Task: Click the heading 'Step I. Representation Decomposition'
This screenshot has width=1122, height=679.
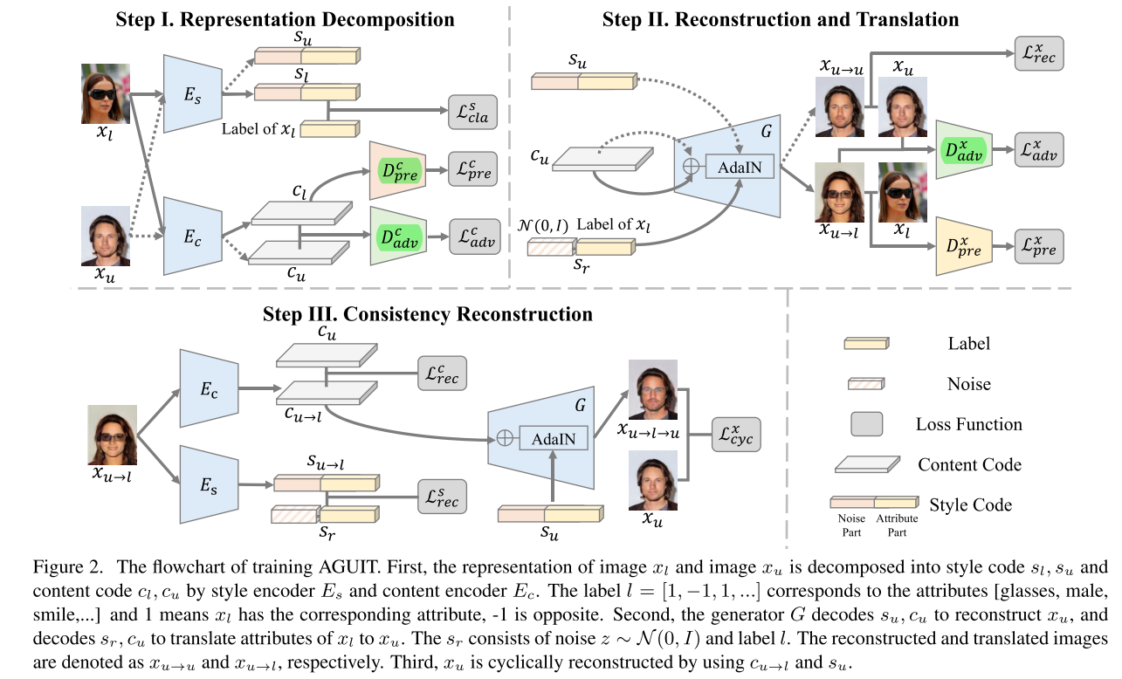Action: pos(286,19)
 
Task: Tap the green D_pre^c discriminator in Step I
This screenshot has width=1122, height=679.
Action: pos(397,172)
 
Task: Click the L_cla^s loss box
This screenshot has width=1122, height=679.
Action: pos(472,113)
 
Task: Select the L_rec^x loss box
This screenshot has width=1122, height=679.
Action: pos(1039,56)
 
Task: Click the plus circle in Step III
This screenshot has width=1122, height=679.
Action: pos(504,438)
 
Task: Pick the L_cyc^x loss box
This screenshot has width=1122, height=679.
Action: pos(736,434)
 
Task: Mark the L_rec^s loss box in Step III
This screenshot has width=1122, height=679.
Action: pos(441,497)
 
